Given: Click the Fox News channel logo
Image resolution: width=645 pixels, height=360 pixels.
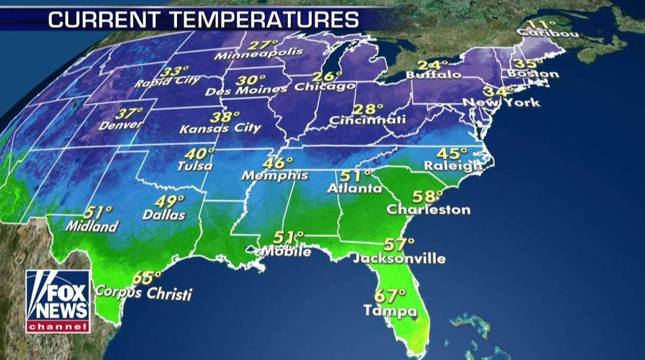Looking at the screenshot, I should pyautogui.click(x=58, y=301).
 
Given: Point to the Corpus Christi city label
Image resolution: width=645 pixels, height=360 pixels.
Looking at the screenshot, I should pyautogui.click(x=145, y=293).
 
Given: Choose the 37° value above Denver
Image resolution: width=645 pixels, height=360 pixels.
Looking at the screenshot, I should pyautogui.click(x=130, y=114).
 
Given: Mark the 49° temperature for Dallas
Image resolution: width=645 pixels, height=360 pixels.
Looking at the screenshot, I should pyautogui.click(x=170, y=202).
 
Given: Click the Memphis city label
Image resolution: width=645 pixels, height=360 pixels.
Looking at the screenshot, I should pyautogui.click(x=275, y=176).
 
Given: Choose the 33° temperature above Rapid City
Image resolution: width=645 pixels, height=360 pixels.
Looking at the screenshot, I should pyautogui.click(x=173, y=71).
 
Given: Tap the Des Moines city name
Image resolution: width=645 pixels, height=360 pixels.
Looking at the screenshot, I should pyautogui.click(x=247, y=91).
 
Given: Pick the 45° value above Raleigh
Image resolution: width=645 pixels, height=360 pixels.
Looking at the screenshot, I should pyautogui.click(x=452, y=153).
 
